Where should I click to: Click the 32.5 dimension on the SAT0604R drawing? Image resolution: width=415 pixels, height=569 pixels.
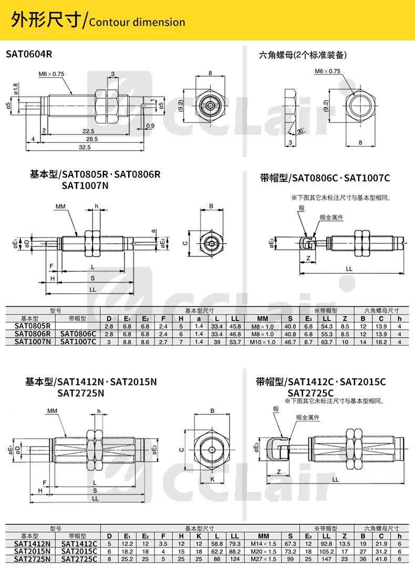click(x=85, y=148)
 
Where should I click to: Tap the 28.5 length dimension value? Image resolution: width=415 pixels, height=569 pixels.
click(x=92, y=139)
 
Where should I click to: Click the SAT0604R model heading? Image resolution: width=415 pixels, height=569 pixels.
click(x=29, y=54)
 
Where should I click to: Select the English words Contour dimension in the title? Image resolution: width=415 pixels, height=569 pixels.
click(x=137, y=22)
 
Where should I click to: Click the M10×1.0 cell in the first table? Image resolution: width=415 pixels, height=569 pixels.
click(x=263, y=342)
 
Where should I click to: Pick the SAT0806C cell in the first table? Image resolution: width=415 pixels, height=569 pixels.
click(x=78, y=334)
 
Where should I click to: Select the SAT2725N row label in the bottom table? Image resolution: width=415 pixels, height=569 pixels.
click(x=33, y=559)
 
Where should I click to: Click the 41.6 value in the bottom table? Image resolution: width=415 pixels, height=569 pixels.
click(x=382, y=559)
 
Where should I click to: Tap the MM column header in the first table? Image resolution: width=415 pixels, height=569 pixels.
click(x=263, y=318)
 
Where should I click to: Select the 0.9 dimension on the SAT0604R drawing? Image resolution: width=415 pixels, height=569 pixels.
click(x=150, y=126)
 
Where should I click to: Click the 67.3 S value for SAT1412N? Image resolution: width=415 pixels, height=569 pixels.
click(x=290, y=544)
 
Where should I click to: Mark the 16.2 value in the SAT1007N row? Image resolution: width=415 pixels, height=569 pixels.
click(x=382, y=342)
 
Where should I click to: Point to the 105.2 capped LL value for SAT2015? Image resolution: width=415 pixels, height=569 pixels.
click(x=326, y=551)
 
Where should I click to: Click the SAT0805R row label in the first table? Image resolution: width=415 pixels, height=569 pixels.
click(x=33, y=326)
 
